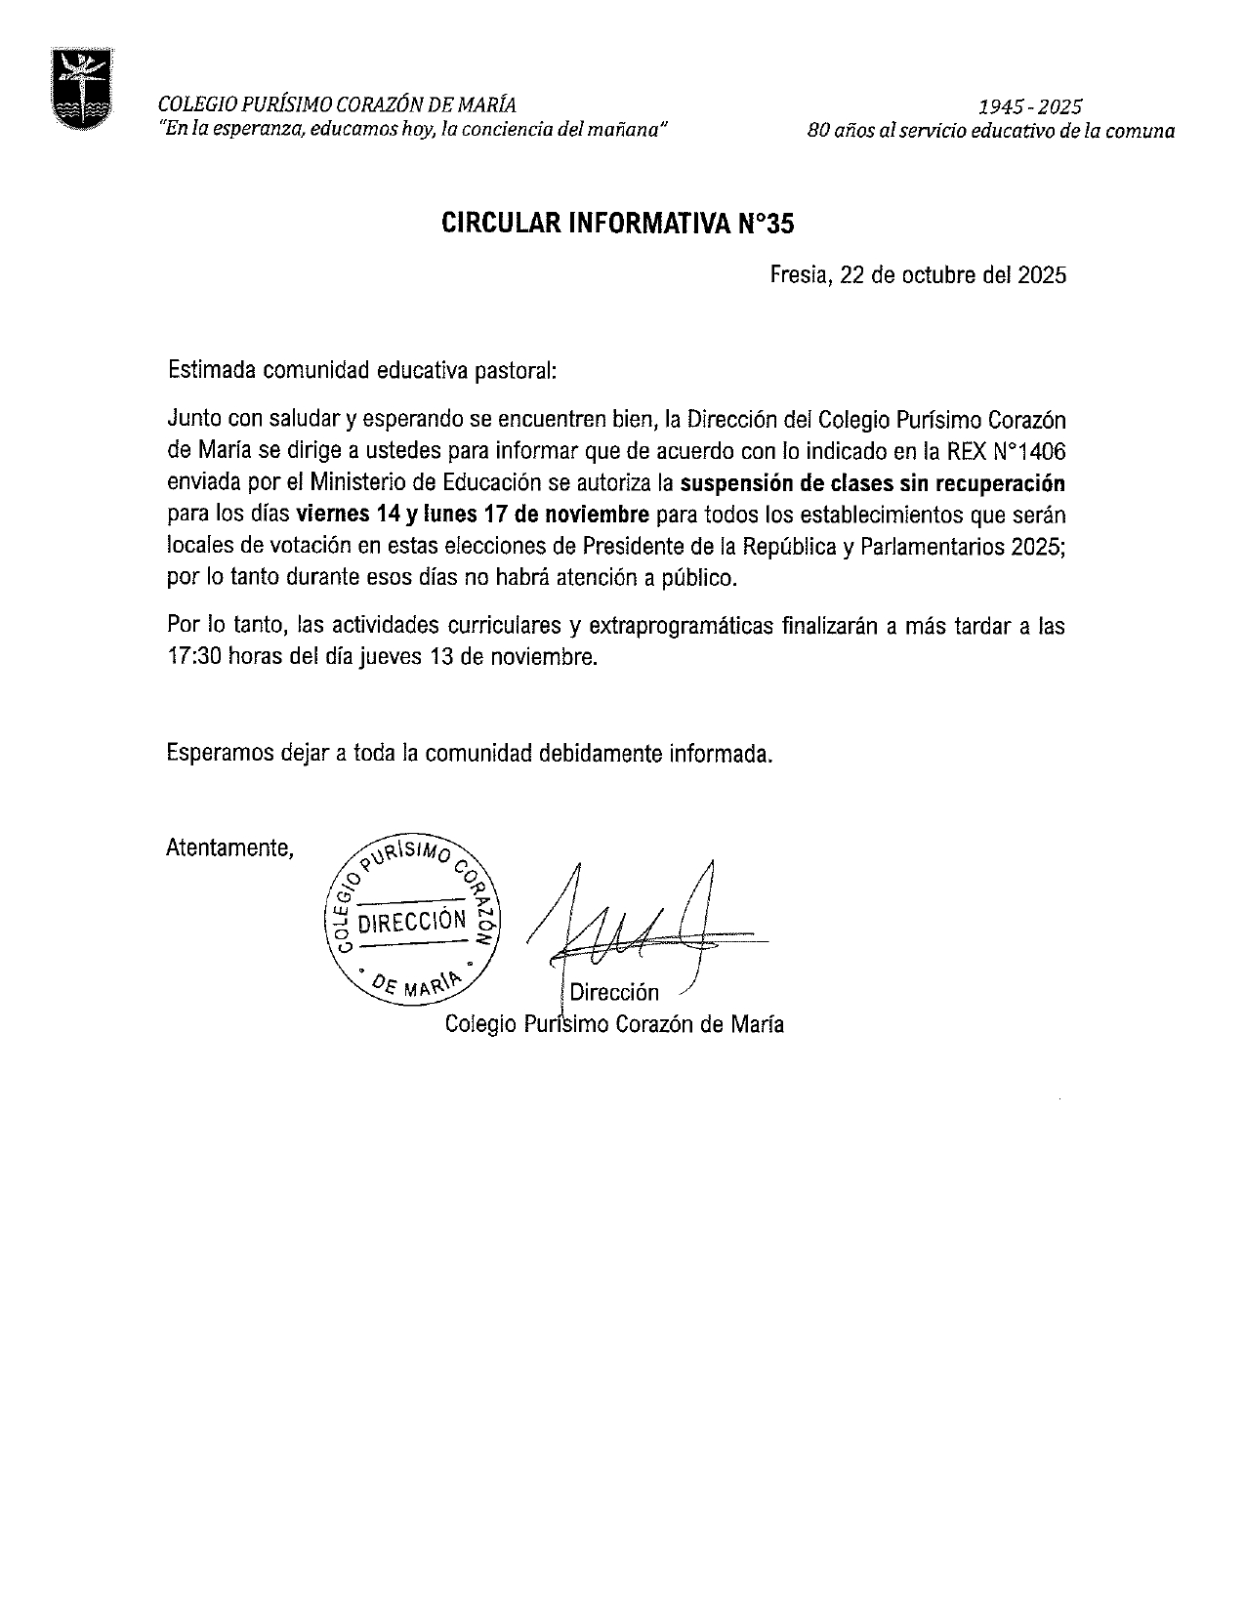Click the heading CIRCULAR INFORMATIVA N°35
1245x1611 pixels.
coord(618,225)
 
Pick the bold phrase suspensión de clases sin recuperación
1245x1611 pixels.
coord(872,482)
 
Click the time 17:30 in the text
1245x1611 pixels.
coord(195,657)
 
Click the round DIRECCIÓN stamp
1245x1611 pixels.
coord(411,920)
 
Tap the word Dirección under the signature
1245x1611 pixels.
coord(614,993)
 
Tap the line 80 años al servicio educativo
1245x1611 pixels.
coord(990,130)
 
